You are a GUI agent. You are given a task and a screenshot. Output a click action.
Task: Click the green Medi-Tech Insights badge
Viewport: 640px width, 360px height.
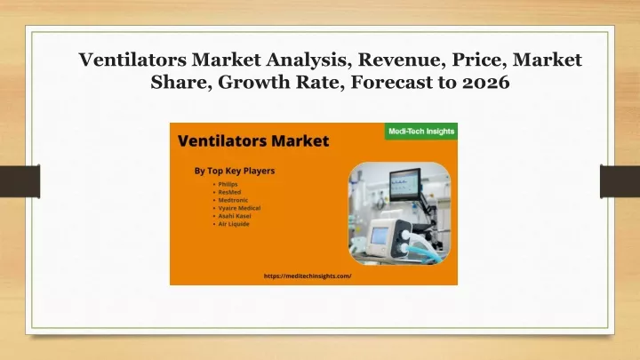coord(421,132)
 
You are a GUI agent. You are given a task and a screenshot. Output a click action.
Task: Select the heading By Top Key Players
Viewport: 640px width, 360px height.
coord(235,171)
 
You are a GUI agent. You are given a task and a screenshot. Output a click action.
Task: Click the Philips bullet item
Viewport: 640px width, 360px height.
coord(228,184)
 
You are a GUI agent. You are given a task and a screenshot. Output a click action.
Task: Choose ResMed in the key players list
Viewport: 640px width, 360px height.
coord(229,192)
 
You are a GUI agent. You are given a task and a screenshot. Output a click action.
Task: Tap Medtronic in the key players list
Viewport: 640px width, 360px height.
coord(233,200)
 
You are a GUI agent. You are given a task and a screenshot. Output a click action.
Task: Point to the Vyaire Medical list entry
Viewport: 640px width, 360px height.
coord(239,208)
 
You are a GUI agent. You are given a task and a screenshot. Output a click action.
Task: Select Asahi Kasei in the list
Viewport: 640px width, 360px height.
coord(235,216)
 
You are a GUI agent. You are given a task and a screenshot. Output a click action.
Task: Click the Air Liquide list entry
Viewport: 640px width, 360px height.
coord(234,224)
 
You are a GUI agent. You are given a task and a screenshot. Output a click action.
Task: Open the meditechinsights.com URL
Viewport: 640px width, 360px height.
coord(308,276)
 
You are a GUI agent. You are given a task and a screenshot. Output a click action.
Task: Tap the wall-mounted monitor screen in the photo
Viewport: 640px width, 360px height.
coord(405,184)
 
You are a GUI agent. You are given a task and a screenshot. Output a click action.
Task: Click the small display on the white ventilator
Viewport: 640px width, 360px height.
coord(380,236)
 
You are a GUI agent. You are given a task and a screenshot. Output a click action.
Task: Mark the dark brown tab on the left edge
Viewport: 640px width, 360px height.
coord(20,181)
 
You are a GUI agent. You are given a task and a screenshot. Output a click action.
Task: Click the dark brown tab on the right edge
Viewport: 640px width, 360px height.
coord(620,181)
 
